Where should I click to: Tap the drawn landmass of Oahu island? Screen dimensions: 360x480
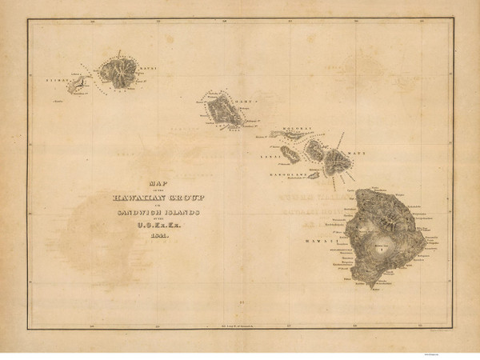coord(224,111)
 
